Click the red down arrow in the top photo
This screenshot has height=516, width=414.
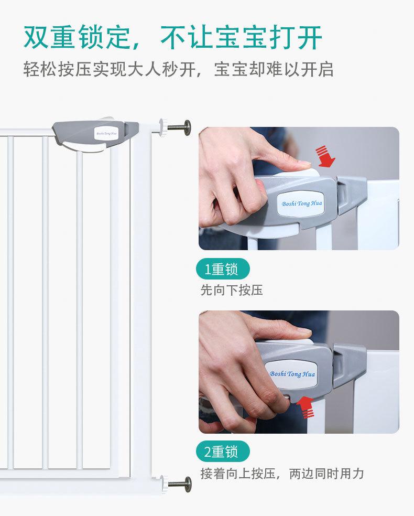coord(325,156)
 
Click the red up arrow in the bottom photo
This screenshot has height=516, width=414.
coord(306,407)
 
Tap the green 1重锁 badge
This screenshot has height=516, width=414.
coord(223,269)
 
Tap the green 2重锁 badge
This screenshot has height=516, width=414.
coord(223,451)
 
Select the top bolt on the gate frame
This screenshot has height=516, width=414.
coord(179,127)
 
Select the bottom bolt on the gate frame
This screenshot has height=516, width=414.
coord(180,484)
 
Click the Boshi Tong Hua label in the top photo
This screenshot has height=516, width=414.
coord(301,203)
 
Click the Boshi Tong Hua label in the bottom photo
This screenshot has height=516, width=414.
coord(292,374)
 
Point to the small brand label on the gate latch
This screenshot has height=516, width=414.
coord(106,133)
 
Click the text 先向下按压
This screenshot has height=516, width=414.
coord(232,291)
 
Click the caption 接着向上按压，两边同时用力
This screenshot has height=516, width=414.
coord(282,474)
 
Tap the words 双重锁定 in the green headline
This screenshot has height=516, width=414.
coord(77,37)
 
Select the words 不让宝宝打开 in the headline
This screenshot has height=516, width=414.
coord(241,37)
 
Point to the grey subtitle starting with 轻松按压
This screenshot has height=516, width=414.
coord(179,69)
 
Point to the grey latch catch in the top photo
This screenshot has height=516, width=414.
coord(351,194)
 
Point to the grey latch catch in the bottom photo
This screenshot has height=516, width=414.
coord(349,364)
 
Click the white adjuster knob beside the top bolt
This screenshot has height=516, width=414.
coord(164,127)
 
